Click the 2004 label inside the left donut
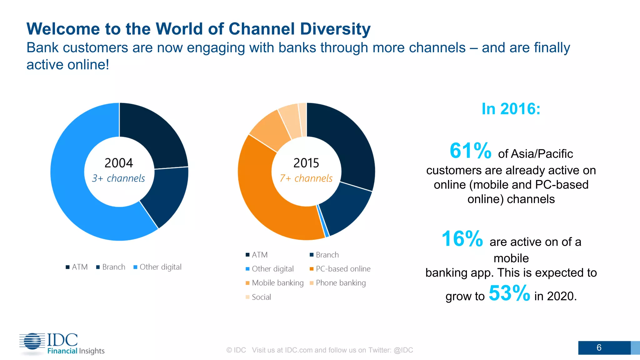click(119, 163)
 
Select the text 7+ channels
click(306, 178)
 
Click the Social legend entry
click(261, 297)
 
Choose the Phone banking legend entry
click(340, 283)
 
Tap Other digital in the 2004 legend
click(160, 267)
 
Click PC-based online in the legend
click(343, 269)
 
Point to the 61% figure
click(470, 151)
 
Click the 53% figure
click(509, 293)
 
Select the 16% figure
click(462, 239)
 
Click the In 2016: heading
click(511, 109)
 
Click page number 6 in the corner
click(599, 347)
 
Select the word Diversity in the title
click(335, 29)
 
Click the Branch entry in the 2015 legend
click(327, 255)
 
